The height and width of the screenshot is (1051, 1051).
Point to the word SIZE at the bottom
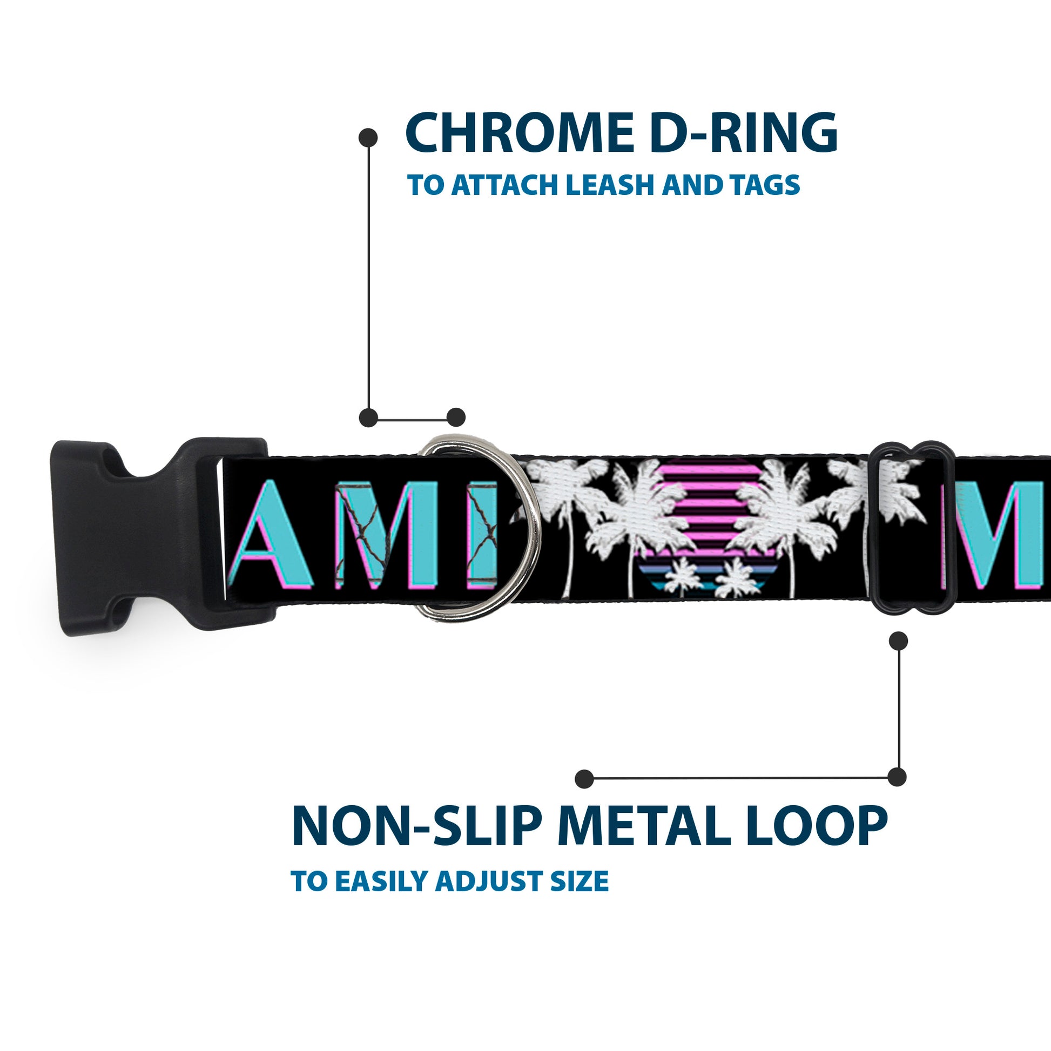(x=581, y=896)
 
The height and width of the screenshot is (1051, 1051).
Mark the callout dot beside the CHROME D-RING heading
(x=368, y=138)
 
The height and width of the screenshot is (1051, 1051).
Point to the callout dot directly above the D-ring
(x=456, y=417)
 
